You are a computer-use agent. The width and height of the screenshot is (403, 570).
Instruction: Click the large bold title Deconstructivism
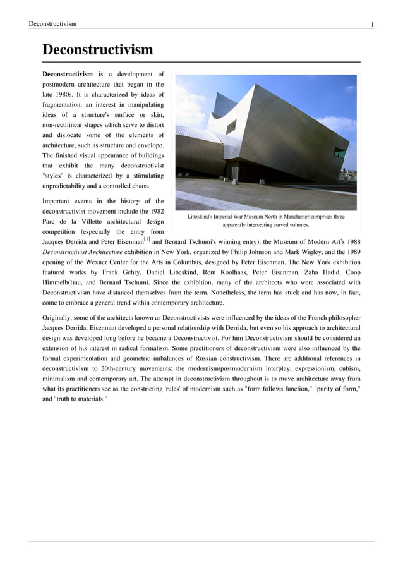click(97, 49)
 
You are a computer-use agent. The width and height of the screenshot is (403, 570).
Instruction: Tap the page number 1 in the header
click(372, 24)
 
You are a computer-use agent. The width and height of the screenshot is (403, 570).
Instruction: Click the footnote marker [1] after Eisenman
click(147, 239)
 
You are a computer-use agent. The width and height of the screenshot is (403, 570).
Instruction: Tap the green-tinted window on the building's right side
click(340, 152)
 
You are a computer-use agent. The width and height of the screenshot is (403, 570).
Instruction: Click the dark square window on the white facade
click(231, 126)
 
